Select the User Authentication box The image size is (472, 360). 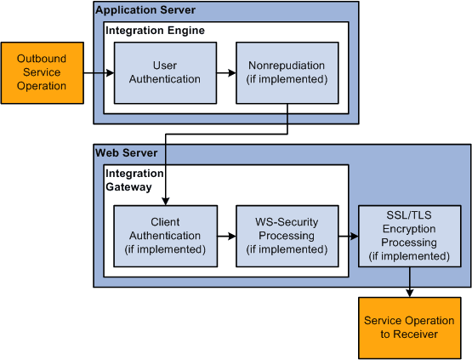[164, 72]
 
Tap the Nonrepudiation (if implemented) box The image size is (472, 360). [287, 72]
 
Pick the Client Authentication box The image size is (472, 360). [164, 236]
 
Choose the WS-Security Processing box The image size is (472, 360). [287, 236]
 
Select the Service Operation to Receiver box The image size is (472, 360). [409, 327]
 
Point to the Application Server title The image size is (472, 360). [145, 10]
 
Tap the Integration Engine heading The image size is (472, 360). [155, 31]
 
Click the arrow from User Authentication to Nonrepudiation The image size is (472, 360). [225, 73]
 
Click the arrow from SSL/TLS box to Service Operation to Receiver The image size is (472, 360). [409, 282]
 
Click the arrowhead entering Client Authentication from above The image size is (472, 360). [164, 200]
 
